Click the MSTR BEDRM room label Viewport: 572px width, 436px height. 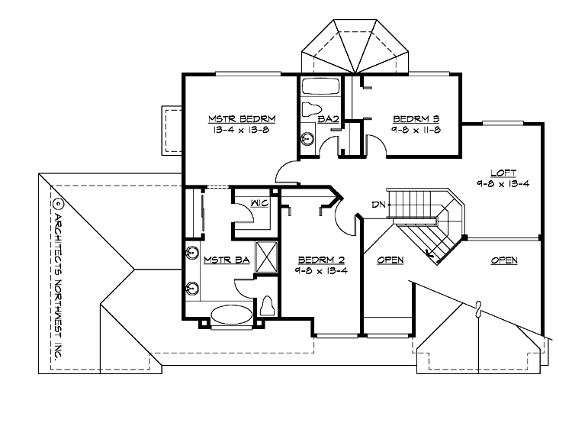pyautogui.click(x=241, y=118)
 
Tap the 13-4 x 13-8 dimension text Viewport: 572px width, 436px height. pyautogui.click(x=241, y=131)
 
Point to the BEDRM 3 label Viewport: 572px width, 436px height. pyautogui.click(x=416, y=118)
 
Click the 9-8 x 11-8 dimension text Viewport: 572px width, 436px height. pyautogui.click(x=416, y=131)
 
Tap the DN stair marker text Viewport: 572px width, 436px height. pyautogui.click(x=377, y=204)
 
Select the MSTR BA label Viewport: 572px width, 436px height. pyautogui.click(x=227, y=260)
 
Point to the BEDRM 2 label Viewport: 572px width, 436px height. pyautogui.click(x=321, y=260)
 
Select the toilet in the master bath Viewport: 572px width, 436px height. pyautogui.click(x=267, y=306)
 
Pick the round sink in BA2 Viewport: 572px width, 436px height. pyautogui.click(x=308, y=139)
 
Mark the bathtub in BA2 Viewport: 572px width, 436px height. pyautogui.click(x=320, y=85)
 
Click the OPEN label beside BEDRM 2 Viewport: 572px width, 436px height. pyautogui.click(x=390, y=260)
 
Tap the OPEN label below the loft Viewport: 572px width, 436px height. pyautogui.click(x=503, y=260)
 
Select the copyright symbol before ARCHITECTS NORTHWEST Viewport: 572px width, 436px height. pyautogui.click(x=56, y=205)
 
